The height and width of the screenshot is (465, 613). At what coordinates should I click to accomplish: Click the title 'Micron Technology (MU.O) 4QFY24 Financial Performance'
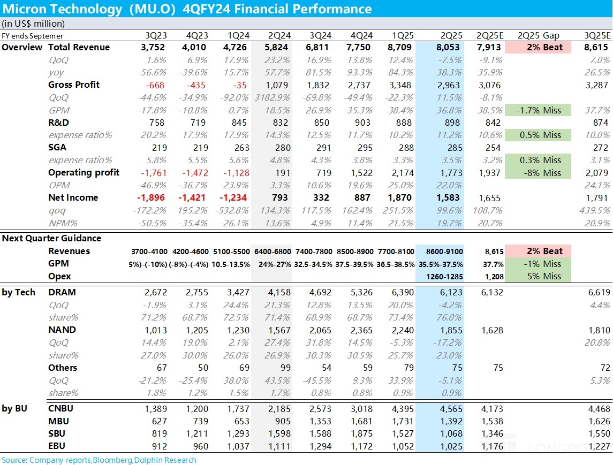(x=186, y=9)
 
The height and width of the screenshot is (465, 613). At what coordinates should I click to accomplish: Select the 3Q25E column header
(x=596, y=35)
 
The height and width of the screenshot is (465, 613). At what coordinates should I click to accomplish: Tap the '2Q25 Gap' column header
(x=539, y=35)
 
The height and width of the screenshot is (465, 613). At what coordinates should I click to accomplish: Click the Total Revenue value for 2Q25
(x=451, y=47)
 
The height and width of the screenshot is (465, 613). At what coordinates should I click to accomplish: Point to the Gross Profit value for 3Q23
(x=156, y=85)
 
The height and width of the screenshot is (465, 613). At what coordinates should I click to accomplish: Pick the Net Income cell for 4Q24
(x=362, y=197)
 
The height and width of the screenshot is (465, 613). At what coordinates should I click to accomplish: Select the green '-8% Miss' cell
(x=539, y=173)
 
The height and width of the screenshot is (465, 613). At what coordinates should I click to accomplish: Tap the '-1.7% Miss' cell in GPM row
(x=539, y=110)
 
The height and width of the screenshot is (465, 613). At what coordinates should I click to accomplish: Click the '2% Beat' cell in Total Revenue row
(x=539, y=47)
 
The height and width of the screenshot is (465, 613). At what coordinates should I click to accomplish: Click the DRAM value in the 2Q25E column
(x=489, y=292)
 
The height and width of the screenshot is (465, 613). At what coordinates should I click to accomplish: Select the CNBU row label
(x=61, y=409)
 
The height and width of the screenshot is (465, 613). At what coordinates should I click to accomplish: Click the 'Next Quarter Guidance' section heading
(x=51, y=238)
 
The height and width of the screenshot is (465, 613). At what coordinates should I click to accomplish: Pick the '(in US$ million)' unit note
(x=33, y=24)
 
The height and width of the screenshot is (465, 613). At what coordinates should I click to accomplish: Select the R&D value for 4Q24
(x=362, y=123)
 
